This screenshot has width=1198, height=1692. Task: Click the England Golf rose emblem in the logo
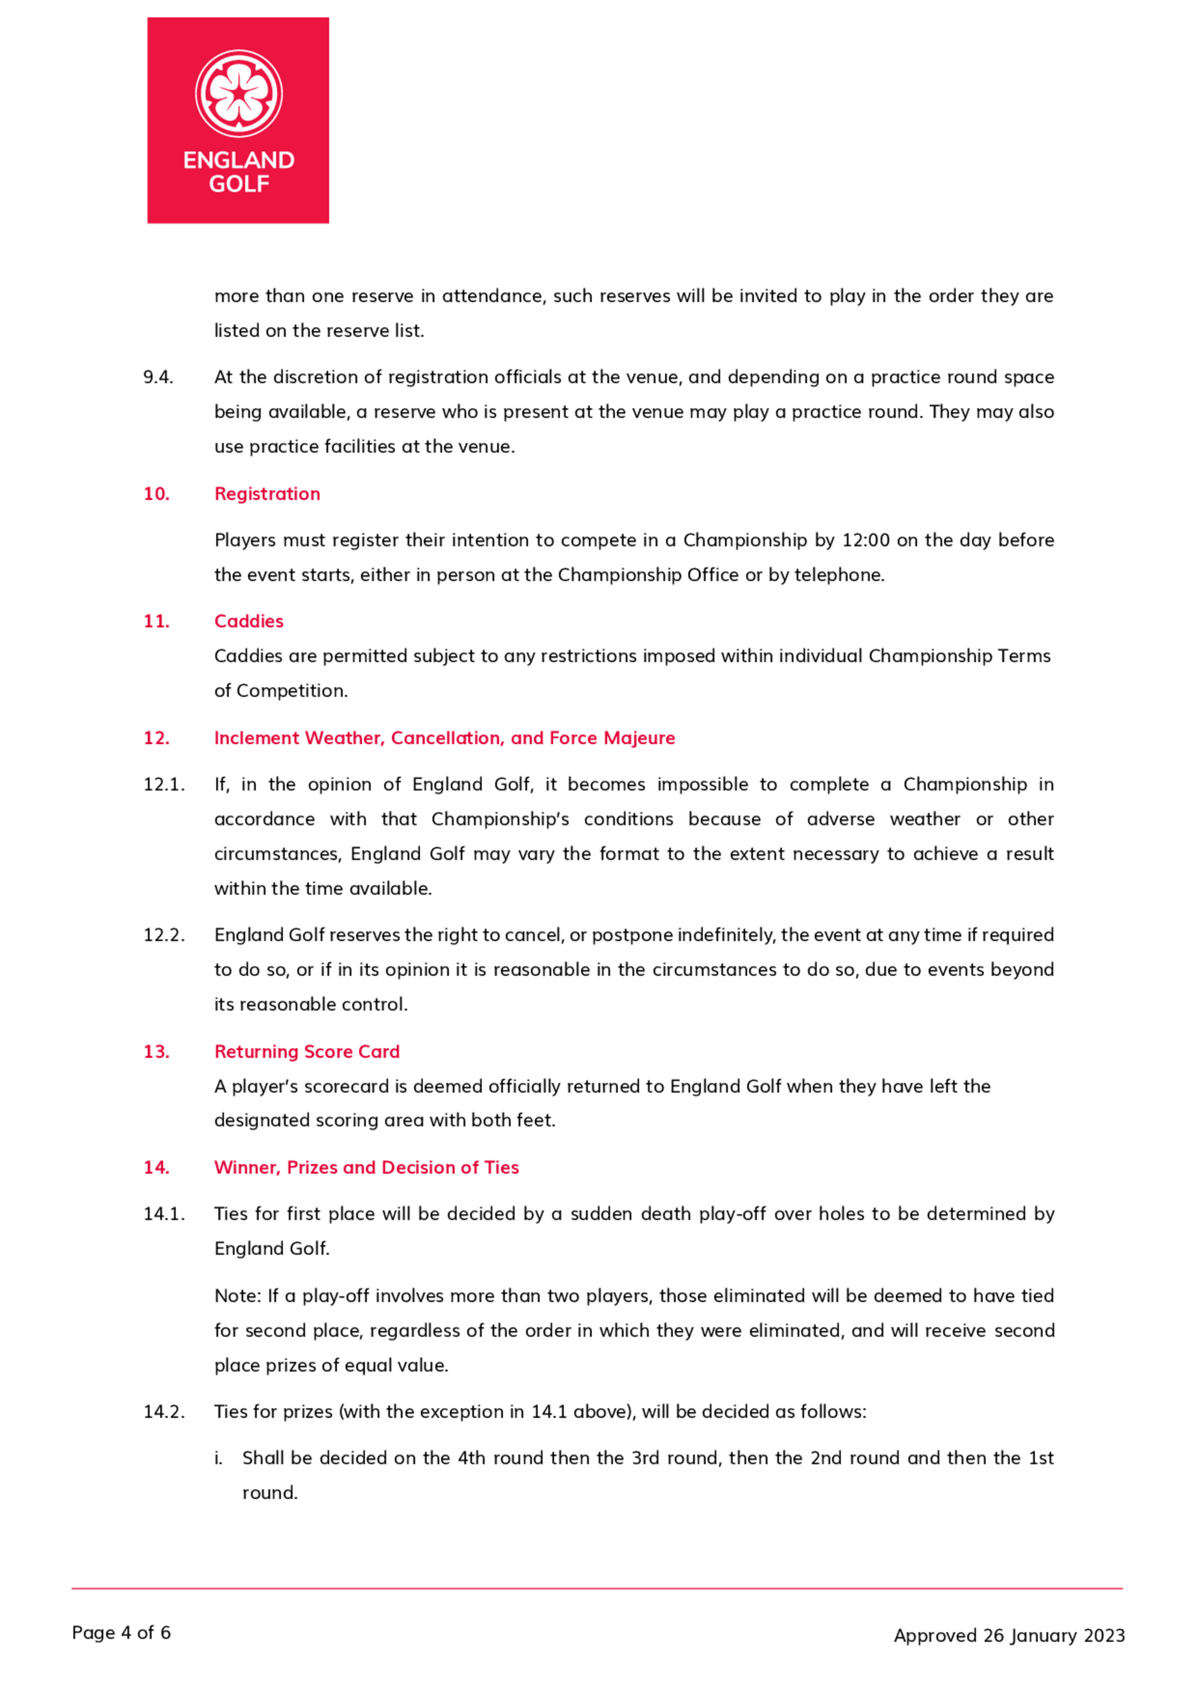tap(238, 93)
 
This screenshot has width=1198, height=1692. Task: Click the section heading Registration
tap(267, 494)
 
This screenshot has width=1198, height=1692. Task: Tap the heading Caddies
tap(249, 621)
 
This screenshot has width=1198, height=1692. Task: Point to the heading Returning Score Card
tap(307, 1051)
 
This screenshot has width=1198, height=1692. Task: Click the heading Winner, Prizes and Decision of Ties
tap(367, 1167)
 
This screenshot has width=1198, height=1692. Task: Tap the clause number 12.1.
tap(164, 784)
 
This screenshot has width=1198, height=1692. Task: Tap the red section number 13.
tap(156, 1051)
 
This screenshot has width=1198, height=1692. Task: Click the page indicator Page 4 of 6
tap(121, 1632)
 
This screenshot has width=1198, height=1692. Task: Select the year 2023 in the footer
tap(1105, 1635)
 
